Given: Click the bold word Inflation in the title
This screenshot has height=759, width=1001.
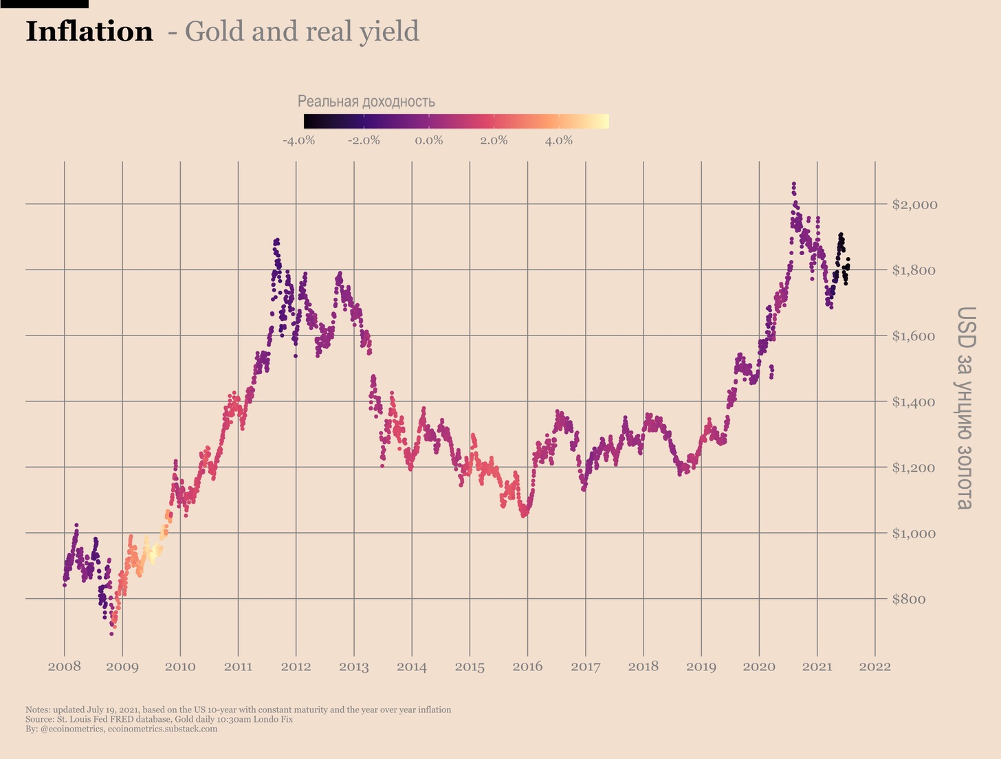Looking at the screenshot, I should (x=89, y=32).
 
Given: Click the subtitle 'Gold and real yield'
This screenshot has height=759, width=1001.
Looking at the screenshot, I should (x=302, y=32).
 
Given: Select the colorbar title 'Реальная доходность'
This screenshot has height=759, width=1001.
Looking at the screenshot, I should (x=366, y=102).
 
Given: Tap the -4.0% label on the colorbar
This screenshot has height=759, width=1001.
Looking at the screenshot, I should (x=298, y=141).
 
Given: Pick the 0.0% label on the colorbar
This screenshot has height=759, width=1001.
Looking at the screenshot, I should (x=429, y=141).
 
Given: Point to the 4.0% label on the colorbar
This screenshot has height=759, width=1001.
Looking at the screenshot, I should (x=559, y=141).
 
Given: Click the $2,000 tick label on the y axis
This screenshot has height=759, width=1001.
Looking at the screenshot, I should (x=914, y=205).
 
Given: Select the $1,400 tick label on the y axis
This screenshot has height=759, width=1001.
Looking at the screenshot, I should (x=914, y=402).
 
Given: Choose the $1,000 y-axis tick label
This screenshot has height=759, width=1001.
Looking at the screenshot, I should (x=914, y=533).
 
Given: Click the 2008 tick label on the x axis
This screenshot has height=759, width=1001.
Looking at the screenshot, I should (x=65, y=667).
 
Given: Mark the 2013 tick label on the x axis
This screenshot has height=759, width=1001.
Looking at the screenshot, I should (x=354, y=667).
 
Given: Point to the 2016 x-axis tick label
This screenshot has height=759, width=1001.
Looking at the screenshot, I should (x=527, y=667).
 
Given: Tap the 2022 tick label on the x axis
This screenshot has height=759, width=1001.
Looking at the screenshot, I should (x=874, y=667).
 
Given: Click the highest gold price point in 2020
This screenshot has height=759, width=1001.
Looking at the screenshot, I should (x=794, y=184).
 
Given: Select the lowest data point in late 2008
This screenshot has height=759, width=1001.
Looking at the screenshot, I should (x=111, y=634).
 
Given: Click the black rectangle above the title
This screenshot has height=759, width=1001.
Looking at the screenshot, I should (x=44, y=4).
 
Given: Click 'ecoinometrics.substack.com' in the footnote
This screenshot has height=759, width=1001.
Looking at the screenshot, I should (x=162, y=729).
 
